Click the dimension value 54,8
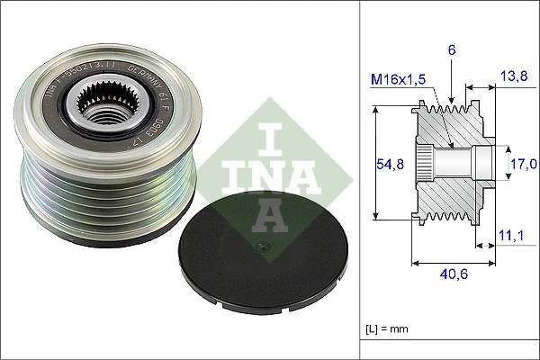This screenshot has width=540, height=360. tap(386, 163)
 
